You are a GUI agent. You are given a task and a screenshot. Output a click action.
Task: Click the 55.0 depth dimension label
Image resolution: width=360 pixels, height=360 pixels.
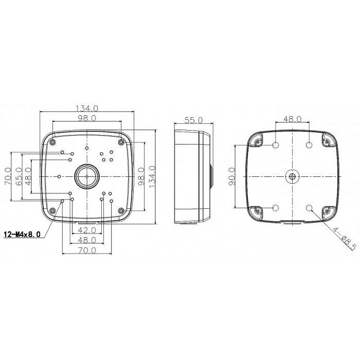[193, 120]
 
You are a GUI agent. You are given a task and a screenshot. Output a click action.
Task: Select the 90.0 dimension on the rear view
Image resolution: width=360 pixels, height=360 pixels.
[232, 176]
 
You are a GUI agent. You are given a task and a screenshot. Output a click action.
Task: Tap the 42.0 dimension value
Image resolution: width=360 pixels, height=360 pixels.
[87, 229]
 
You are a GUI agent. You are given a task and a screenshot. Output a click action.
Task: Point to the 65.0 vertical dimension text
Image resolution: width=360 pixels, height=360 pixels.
[19, 176]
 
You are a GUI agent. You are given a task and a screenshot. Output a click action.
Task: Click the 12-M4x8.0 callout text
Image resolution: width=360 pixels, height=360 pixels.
[22, 234]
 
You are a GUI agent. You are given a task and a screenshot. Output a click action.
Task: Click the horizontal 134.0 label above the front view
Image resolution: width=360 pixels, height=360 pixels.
[87, 108]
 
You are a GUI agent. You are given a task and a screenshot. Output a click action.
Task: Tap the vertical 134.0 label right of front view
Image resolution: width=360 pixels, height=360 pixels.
[152, 176]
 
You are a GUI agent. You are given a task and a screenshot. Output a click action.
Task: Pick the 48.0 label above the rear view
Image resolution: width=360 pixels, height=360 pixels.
[292, 119]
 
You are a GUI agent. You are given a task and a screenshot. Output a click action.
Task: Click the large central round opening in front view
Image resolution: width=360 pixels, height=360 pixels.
[87, 176]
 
